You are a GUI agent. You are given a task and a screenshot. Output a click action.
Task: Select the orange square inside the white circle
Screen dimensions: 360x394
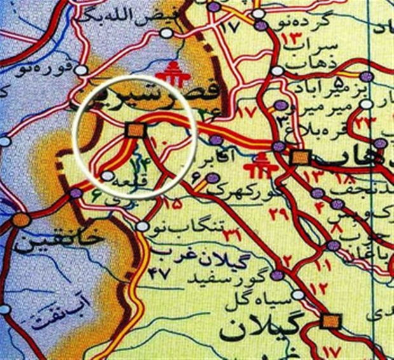(134, 130)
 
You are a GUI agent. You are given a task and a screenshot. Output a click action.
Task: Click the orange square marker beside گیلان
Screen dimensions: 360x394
(329, 322)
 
